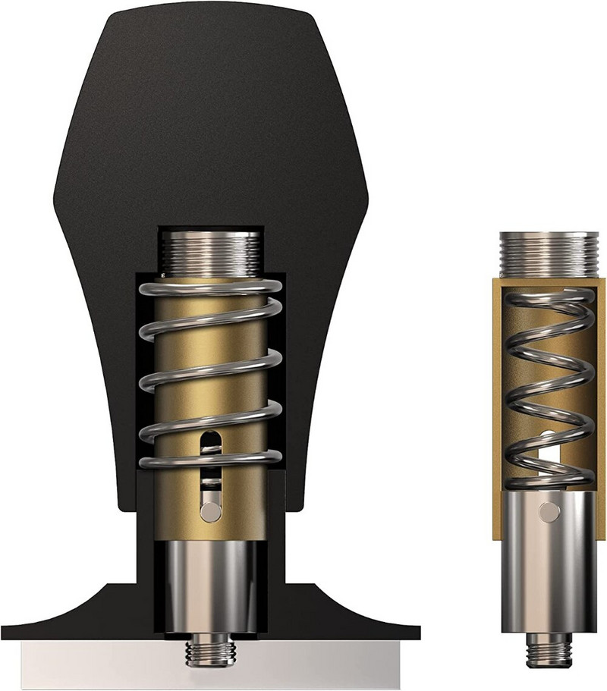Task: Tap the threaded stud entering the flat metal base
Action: tap(209, 651)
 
